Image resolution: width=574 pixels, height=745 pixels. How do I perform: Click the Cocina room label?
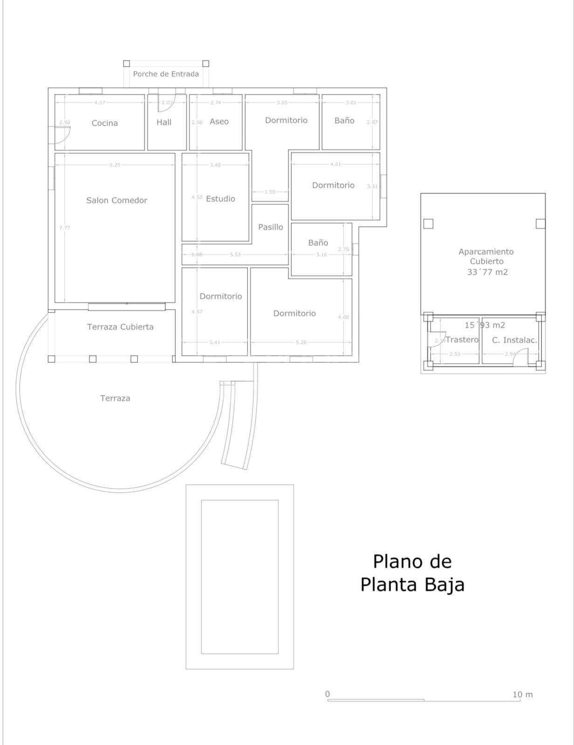point(104,123)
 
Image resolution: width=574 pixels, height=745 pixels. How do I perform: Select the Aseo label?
point(219,122)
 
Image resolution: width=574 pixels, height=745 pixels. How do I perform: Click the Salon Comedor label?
point(116,200)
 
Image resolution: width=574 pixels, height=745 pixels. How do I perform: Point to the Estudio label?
point(220,199)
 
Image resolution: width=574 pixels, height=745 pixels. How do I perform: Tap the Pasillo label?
point(271,227)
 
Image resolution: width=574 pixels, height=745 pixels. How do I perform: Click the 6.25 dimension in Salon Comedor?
point(115,165)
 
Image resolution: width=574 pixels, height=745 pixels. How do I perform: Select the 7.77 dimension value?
point(64,228)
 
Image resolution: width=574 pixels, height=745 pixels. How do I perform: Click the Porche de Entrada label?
point(166,74)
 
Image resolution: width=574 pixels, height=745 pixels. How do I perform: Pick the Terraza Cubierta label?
point(120,327)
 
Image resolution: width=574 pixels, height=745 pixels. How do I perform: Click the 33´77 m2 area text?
point(487,272)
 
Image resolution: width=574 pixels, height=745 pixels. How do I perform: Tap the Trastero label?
point(462,340)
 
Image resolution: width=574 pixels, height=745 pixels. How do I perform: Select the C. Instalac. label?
point(514,340)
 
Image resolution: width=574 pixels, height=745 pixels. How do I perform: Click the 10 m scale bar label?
point(522,695)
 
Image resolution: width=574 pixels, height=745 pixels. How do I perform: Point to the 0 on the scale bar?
point(328,694)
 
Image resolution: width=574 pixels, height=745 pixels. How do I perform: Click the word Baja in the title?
point(444,585)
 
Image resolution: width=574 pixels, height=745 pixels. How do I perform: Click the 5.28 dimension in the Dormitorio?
point(301,343)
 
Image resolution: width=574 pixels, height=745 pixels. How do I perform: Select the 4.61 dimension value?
point(335,164)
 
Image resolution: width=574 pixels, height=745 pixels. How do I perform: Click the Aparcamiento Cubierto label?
point(486,257)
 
